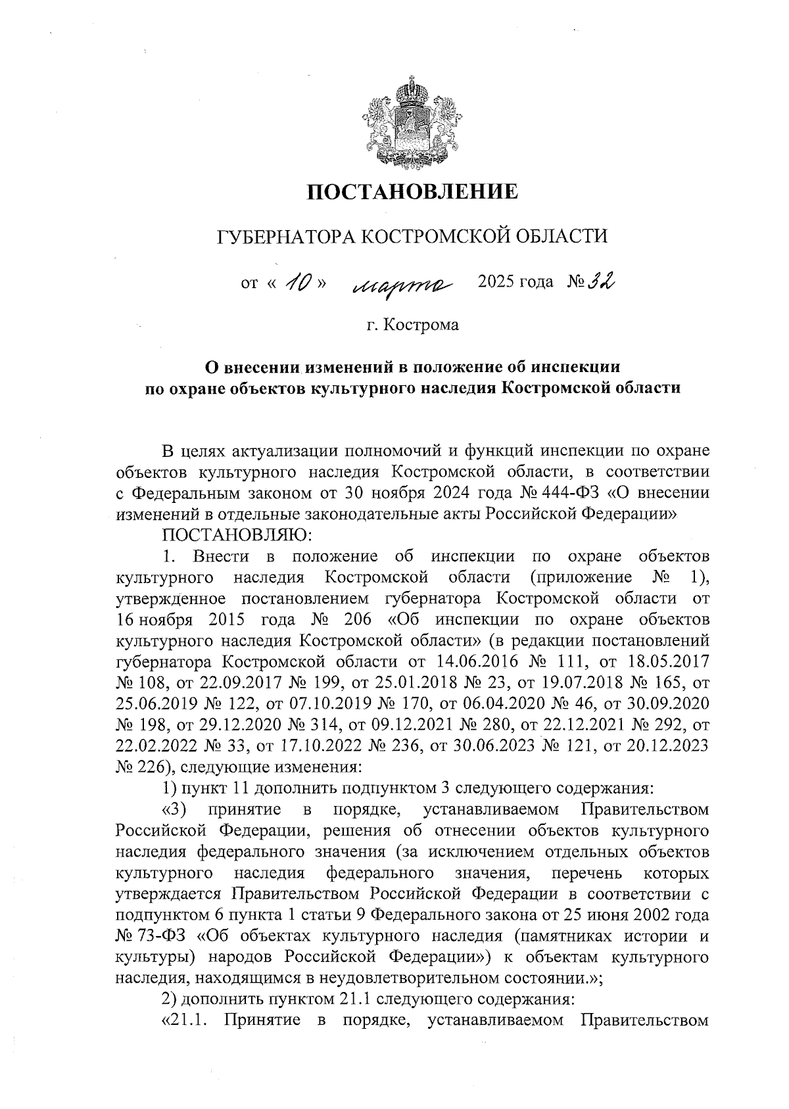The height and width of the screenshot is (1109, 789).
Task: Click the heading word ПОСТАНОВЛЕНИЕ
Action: (414, 192)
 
